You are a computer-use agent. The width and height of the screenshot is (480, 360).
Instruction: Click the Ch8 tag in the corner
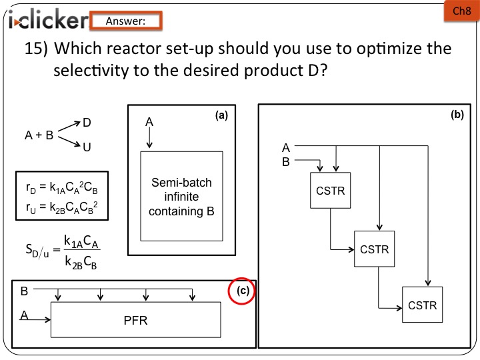click(x=461, y=11)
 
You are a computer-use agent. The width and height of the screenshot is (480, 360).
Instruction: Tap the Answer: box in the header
click(x=125, y=21)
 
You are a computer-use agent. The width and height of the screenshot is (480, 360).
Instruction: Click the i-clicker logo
click(x=47, y=21)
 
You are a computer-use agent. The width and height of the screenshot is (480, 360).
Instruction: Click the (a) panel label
click(x=221, y=115)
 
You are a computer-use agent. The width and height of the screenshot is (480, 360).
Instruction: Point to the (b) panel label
click(x=457, y=115)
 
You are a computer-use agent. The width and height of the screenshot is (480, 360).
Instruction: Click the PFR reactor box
click(x=135, y=320)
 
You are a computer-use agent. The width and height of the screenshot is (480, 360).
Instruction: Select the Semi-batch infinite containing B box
click(x=181, y=197)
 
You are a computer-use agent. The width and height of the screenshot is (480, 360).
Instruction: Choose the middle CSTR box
click(x=374, y=249)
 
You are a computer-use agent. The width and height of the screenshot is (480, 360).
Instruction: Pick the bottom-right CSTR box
click(x=421, y=305)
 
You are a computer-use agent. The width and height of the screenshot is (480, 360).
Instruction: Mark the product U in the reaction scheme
click(x=87, y=147)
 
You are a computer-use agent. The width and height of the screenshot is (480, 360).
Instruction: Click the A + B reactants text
click(x=39, y=135)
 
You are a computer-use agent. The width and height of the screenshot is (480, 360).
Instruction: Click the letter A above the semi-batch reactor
click(x=149, y=123)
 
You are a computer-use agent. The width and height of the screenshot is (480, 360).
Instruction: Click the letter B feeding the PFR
click(x=24, y=291)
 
